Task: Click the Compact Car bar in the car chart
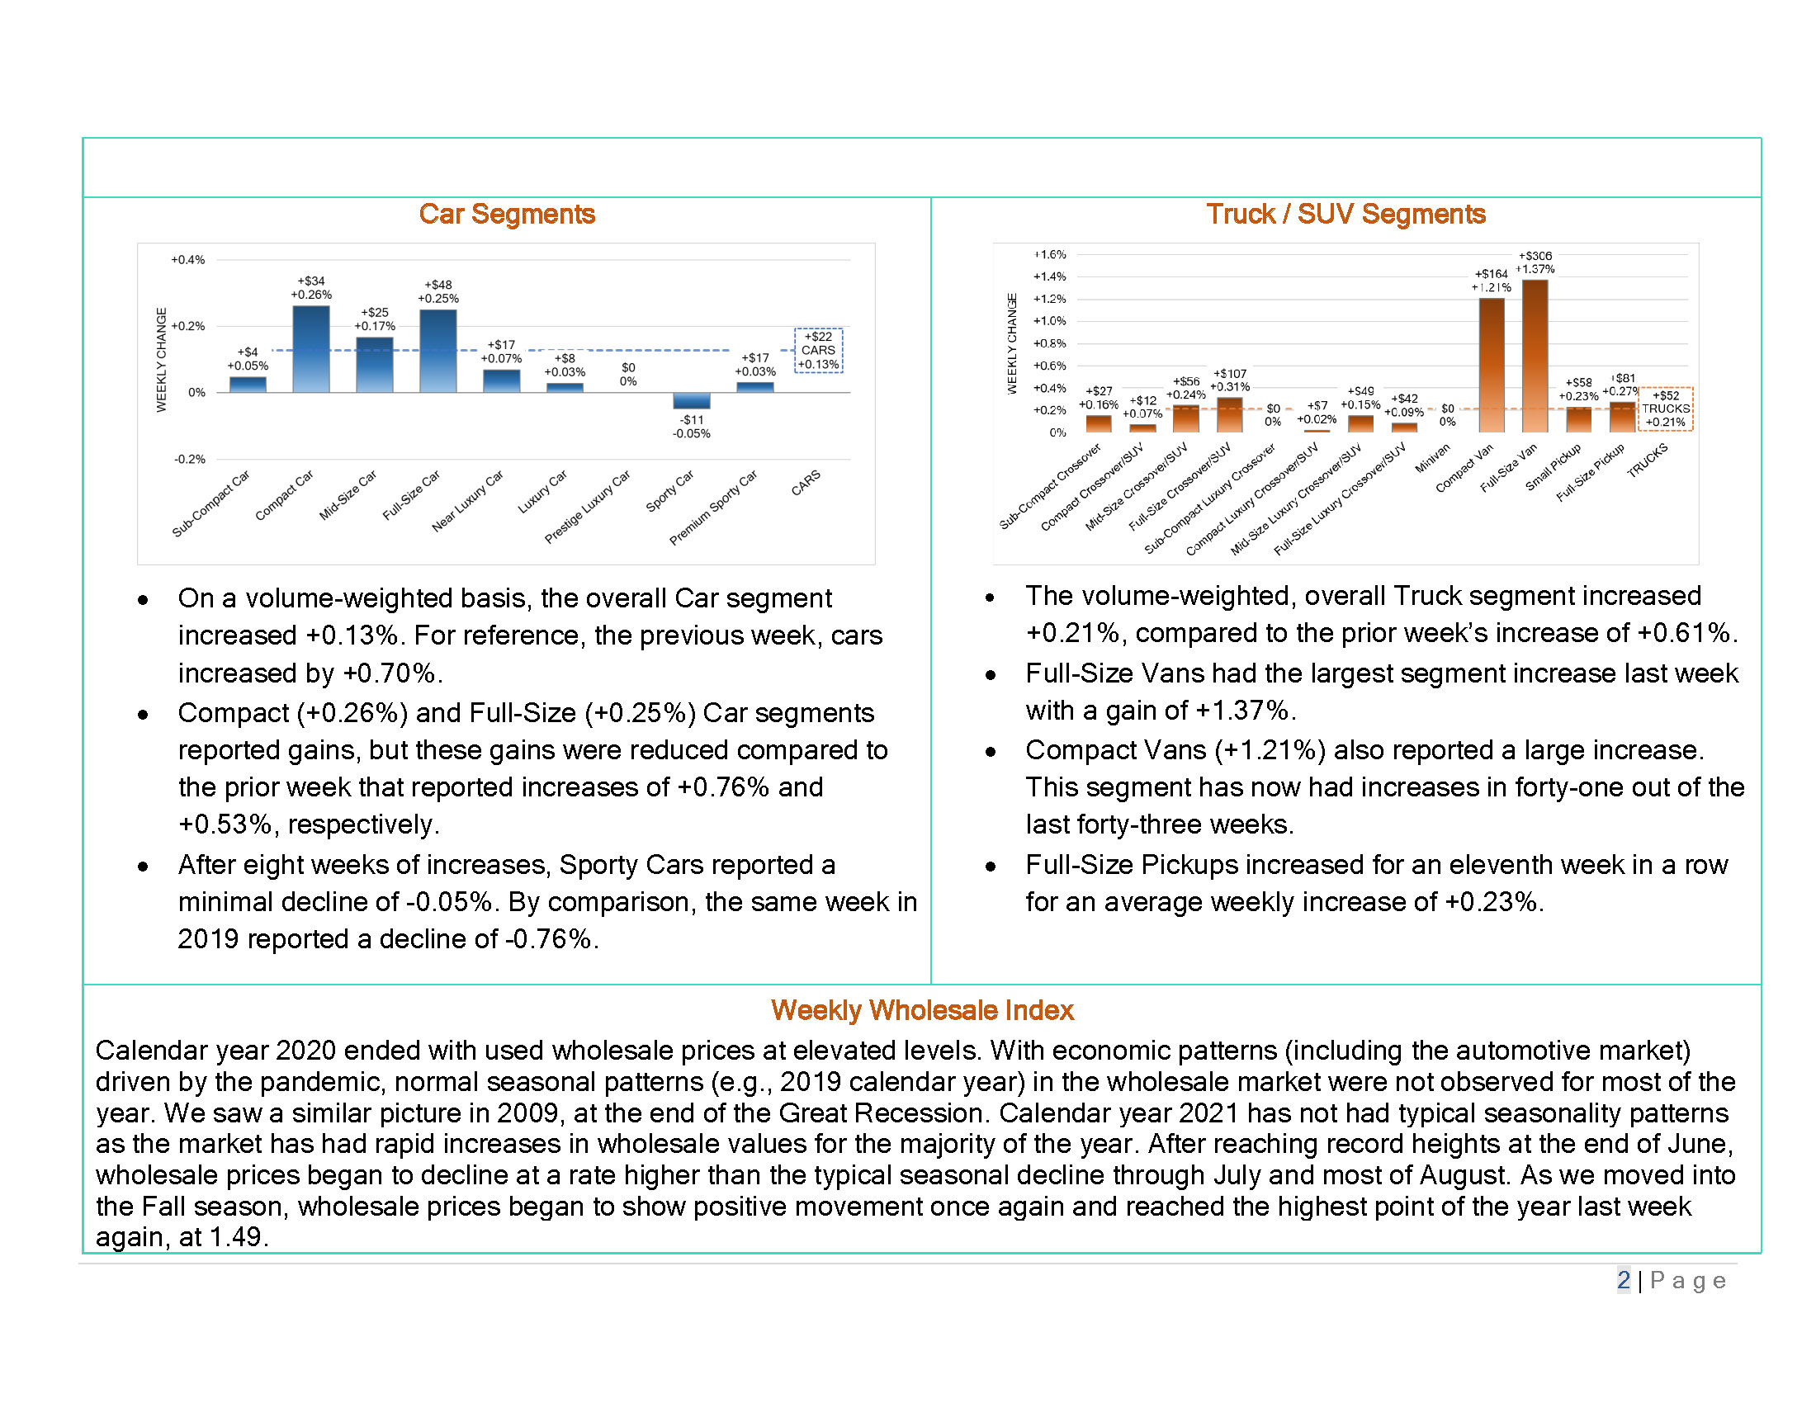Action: (311, 349)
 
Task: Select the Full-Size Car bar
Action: (438, 351)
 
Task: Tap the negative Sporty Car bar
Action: (692, 400)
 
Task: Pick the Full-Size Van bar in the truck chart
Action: (1535, 356)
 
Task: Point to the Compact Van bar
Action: (1492, 365)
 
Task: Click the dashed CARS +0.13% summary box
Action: (819, 350)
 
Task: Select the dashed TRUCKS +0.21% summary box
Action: (1666, 409)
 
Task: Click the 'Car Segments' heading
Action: (506, 214)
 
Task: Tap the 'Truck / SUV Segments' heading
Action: (1345, 214)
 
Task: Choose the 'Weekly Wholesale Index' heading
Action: (922, 1010)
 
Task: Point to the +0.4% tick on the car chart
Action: (188, 260)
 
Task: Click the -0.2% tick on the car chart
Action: (190, 459)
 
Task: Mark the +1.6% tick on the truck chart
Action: (1049, 254)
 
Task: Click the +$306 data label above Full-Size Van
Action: (1535, 256)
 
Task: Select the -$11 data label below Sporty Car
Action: (692, 420)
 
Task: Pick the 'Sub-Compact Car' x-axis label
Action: (211, 503)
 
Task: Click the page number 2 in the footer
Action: (1623, 1280)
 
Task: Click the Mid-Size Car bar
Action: (374, 365)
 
